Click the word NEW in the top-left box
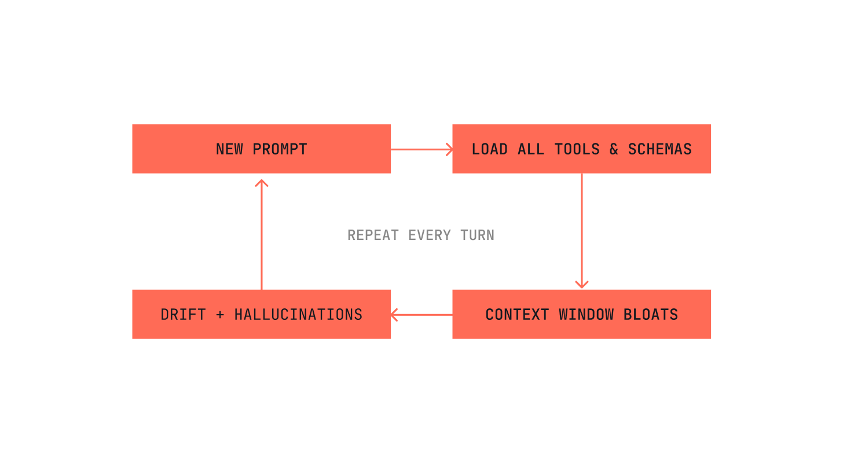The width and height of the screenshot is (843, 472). [x=229, y=149]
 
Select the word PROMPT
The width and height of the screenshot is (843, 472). [x=280, y=149]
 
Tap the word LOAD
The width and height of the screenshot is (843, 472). [x=489, y=149]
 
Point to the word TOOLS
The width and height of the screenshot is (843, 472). [x=577, y=149]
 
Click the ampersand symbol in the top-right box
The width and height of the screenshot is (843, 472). [x=614, y=149]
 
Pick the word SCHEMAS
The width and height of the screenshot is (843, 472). [x=659, y=149]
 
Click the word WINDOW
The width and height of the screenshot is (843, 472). [x=586, y=315]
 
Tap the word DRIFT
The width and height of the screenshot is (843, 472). [x=183, y=315]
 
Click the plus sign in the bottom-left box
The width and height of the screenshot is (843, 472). [x=219, y=315]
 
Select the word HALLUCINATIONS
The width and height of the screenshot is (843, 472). [x=298, y=315]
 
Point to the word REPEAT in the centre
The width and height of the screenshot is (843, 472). [x=373, y=235]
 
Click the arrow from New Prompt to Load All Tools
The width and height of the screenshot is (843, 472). [x=422, y=149]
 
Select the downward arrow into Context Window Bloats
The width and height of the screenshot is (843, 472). [x=582, y=231]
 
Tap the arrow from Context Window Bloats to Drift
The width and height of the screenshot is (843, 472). [x=422, y=315]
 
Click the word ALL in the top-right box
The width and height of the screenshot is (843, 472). [x=531, y=149]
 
